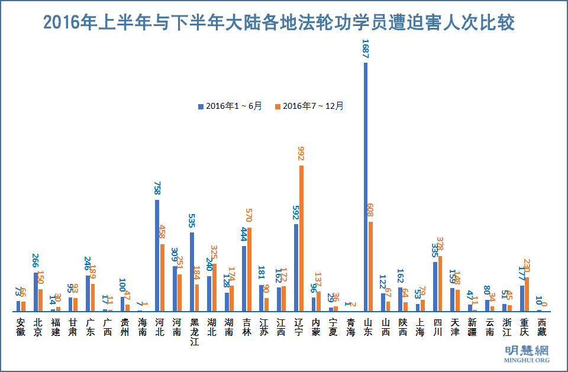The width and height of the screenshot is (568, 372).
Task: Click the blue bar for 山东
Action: [366, 187]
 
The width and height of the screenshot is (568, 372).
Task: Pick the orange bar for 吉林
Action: [249, 269]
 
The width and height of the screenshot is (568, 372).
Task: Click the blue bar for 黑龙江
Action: [192, 271]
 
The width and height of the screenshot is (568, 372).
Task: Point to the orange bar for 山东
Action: [370, 266]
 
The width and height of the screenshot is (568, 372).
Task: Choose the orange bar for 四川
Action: [440, 283]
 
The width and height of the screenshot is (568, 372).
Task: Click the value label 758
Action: [157, 187]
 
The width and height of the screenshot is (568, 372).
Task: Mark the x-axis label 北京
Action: [38, 327]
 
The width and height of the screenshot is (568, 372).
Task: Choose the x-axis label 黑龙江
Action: [194, 332]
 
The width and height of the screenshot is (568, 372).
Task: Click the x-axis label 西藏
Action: [541, 327]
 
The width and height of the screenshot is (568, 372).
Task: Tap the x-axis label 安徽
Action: [21, 327]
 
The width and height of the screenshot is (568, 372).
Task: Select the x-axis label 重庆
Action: [524, 327]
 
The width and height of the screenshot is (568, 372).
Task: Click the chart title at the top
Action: [279, 22]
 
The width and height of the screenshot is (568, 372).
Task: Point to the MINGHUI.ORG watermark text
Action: [526, 360]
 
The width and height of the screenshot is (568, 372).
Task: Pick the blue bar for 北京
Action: [35, 292]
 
